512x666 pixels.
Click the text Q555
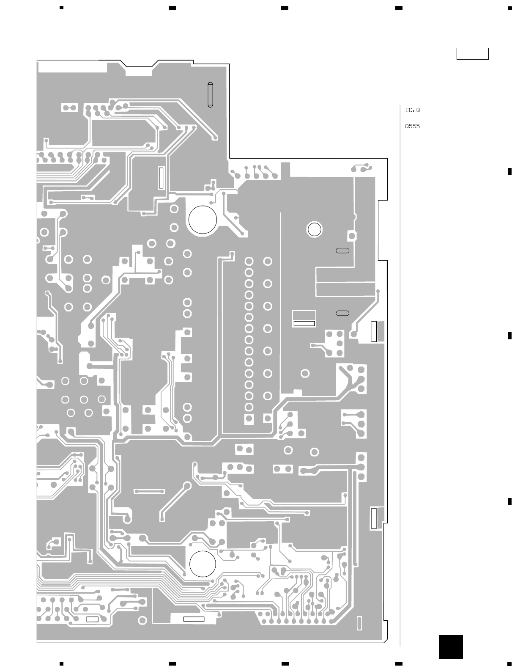point(412,126)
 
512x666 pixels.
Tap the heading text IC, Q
point(412,110)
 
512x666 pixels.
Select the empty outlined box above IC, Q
point(472,54)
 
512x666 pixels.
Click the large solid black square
point(451,647)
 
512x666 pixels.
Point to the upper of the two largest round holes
point(203,219)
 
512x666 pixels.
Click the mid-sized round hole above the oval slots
point(314,229)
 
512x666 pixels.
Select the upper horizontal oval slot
point(342,250)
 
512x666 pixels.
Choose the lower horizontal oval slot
point(342,313)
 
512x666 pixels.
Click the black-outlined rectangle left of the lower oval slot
point(304,324)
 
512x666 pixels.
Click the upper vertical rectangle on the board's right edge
point(374,331)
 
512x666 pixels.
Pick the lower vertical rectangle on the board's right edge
point(373,517)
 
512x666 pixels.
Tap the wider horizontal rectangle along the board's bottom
point(194,619)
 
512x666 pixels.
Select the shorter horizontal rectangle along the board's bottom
point(92,619)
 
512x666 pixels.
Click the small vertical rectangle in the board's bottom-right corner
point(359,623)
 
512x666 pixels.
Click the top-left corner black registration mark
point(61,8)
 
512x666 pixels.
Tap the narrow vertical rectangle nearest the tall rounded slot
point(161,178)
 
